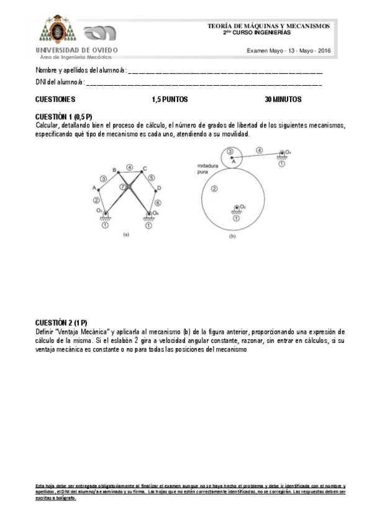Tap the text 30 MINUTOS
[283, 99]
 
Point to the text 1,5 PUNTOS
[170, 99]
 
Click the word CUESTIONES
[55, 99]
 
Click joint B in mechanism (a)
[116, 170]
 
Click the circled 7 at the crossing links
[123, 186]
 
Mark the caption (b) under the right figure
[233, 237]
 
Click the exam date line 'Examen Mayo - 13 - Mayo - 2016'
[289, 50]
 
